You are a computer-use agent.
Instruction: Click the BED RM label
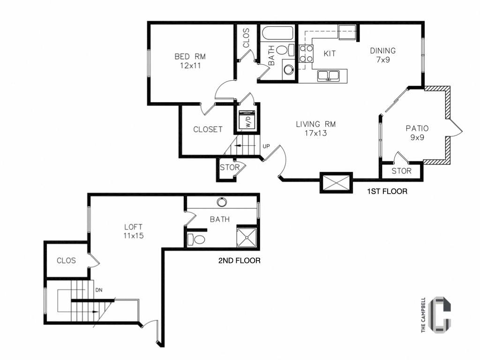(x=190, y=56)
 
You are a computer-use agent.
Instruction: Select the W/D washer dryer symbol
(x=246, y=120)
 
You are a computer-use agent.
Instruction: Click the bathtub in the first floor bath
(x=277, y=34)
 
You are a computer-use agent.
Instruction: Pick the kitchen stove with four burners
(x=307, y=53)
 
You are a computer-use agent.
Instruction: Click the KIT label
(x=330, y=53)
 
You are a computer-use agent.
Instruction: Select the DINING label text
(x=383, y=51)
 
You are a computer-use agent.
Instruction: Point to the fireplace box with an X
(x=336, y=182)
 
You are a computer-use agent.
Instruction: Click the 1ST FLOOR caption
(x=387, y=191)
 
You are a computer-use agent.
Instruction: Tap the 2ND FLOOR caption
(x=239, y=261)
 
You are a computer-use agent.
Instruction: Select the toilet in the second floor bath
(x=197, y=240)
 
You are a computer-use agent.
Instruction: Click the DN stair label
(x=98, y=290)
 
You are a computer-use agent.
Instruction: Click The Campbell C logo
(x=440, y=315)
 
